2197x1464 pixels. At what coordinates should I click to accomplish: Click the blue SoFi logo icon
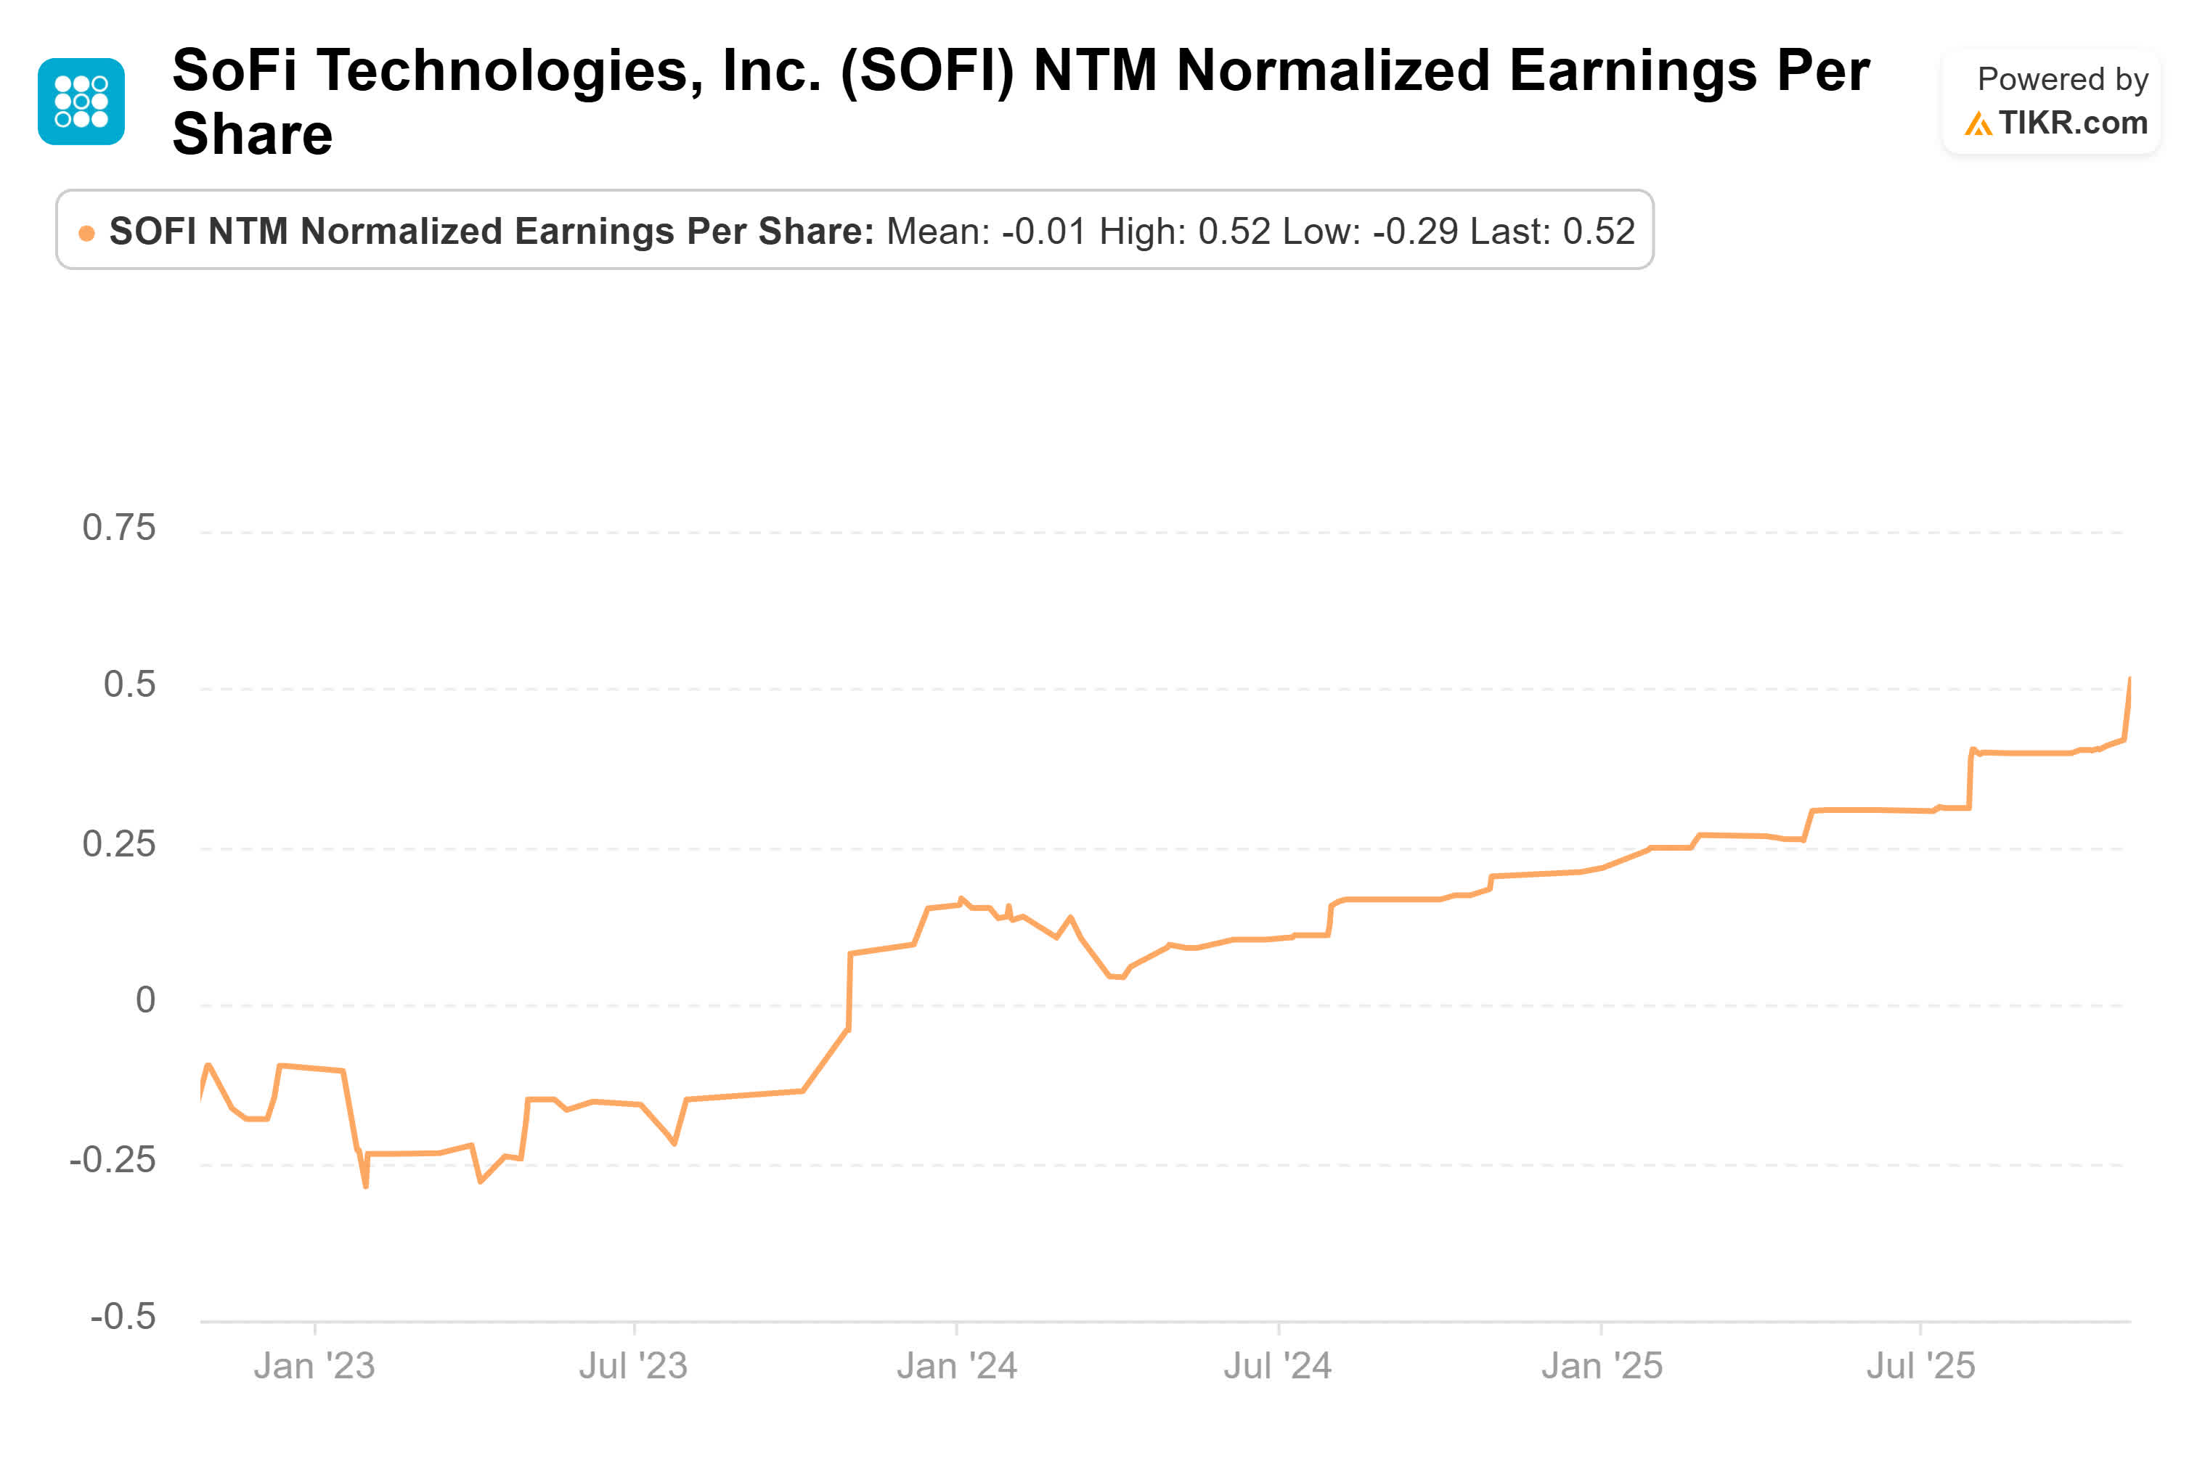[x=81, y=102]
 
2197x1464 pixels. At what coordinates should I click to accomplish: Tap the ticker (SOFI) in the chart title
[x=926, y=71]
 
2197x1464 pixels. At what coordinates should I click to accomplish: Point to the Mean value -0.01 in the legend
[x=1044, y=232]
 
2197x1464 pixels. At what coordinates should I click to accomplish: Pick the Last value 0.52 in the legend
[x=1599, y=232]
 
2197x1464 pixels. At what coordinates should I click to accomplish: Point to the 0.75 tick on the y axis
[x=118, y=528]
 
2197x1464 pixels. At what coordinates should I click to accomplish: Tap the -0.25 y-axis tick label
[x=112, y=1161]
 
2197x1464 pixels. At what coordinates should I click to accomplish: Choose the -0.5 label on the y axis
[x=122, y=1317]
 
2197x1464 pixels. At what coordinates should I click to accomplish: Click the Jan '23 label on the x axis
[x=314, y=1366]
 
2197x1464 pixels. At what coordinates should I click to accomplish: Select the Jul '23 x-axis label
[x=633, y=1366]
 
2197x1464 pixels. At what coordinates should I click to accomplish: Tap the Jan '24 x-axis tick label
[x=956, y=1366]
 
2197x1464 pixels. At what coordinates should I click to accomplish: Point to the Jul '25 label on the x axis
[x=1920, y=1366]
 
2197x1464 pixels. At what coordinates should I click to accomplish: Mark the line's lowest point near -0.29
[x=365, y=1186]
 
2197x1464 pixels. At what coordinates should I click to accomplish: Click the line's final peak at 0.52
[x=2129, y=679]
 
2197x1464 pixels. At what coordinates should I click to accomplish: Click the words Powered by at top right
[x=2062, y=79]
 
